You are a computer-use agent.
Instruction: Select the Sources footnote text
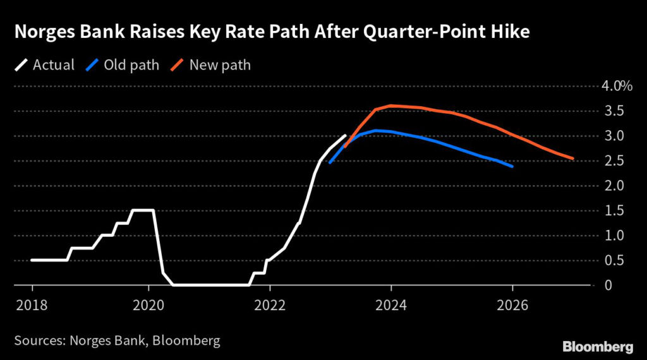118,341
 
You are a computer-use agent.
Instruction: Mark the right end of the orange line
572,159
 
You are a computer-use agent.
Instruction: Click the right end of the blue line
512,167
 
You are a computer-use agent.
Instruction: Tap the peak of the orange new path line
392,105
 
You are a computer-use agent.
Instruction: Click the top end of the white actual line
345,135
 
